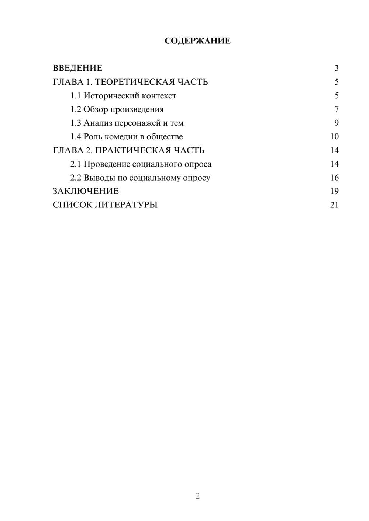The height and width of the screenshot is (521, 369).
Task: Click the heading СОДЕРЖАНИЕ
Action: [x=197, y=41]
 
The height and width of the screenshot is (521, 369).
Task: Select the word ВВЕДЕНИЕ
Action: [x=77, y=68]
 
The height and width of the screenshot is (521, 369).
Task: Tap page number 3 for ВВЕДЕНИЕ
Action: [x=336, y=68]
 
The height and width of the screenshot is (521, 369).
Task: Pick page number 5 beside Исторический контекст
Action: [x=336, y=96]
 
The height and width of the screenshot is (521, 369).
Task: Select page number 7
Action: [x=336, y=109]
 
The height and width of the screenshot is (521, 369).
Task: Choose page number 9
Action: [x=336, y=123]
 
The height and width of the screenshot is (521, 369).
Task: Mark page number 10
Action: [x=334, y=137]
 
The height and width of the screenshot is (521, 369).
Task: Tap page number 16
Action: [x=334, y=178]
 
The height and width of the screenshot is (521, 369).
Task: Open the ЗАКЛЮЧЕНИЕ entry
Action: [x=86, y=191]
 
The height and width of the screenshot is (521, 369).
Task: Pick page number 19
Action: [x=334, y=191]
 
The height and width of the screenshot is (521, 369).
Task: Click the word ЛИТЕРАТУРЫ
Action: [x=126, y=205]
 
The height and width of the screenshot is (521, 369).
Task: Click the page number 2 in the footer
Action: [x=197, y=496]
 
